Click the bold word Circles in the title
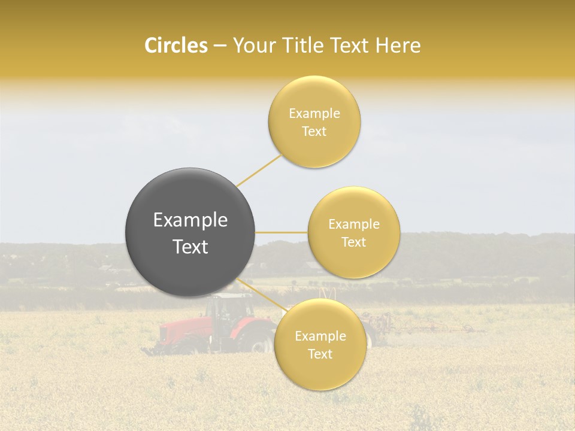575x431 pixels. [x=175, y=45]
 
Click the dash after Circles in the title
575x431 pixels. [x=220, y=46]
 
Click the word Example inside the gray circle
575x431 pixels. [x=190, y=220]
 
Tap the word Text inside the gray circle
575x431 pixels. [x=190, y=247]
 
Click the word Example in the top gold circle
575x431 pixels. [x=314, y=114]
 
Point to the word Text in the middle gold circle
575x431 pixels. [x=353, y=242]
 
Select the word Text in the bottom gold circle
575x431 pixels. [x=320, y=354]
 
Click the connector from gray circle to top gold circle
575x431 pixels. [x=259, y=170]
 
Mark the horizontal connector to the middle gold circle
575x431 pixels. [x=282, y=232]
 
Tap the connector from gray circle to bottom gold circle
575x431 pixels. [x=262, y=297]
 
